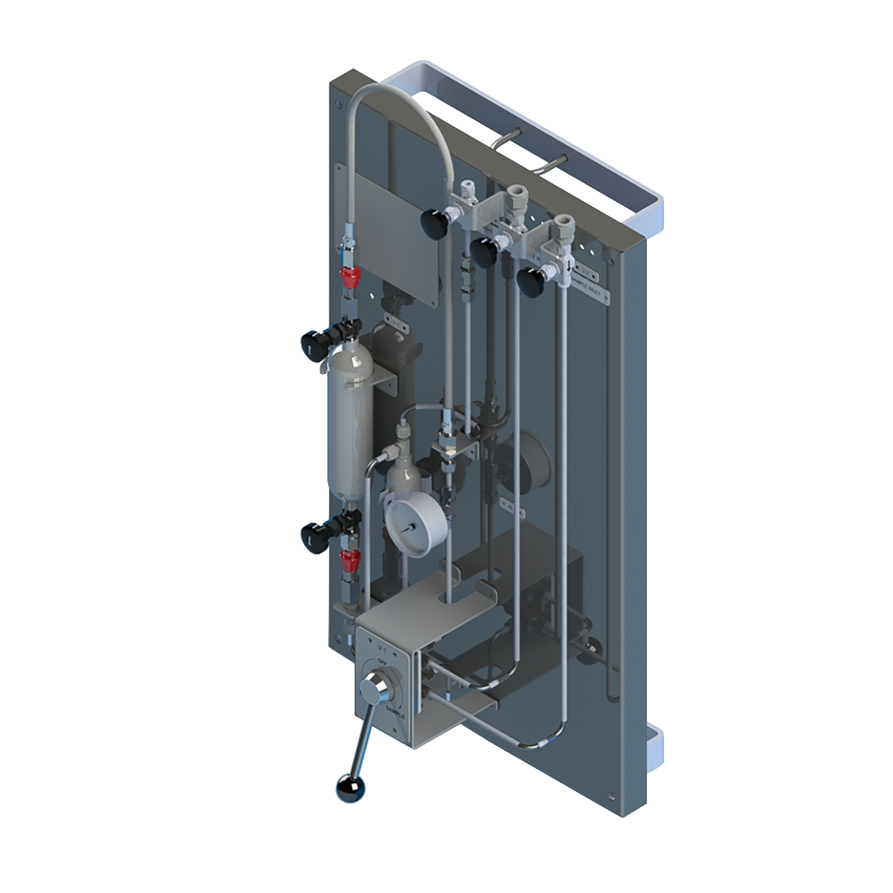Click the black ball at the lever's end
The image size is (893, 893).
click(349, 787)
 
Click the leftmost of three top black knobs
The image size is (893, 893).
click(437, 223)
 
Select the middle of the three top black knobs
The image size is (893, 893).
click(485, 252)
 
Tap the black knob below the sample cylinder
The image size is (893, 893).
click(316, 535)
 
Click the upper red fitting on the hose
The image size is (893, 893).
click(350, 278)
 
